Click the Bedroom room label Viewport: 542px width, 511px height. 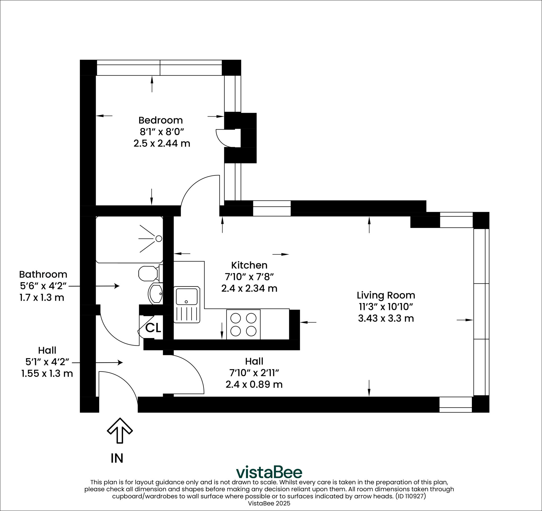pyautogui.click(x=160, y=120)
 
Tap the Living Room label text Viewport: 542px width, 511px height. pyautogui.click(x=386, y=295)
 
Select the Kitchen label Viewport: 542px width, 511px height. pyautogui.click(x=249, y=265)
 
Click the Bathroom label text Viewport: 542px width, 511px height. pyautogui.click(x=43, y=274)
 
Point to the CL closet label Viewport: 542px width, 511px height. pyautogui.click(x=153, y=328)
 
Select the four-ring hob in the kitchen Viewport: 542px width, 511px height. pyautogui.click(x=243, y=324)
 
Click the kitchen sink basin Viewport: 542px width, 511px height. pyautogui.click(x=187, y=296)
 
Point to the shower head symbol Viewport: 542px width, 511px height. pyautogui.click(x=159, y=239)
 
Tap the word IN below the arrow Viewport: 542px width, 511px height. pyautogui.click(x=117, y=458)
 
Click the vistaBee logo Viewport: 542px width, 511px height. pyautogui.click(x=269, y=472)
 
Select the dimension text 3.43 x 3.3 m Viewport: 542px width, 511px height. pyautogui.click(x=386, y=318)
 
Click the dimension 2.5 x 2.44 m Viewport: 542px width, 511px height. pyautogui.click(x=162, y=143)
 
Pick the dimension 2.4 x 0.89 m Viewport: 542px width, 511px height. pyautogui.click(x=254, y=385)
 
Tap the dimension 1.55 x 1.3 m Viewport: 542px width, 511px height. pyautogui.click(x=47, y=373)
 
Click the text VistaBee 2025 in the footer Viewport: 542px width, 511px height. pyautogui.click(x=269, y=503)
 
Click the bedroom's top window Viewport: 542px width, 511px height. pyautogui.click(x=160, y=68)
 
